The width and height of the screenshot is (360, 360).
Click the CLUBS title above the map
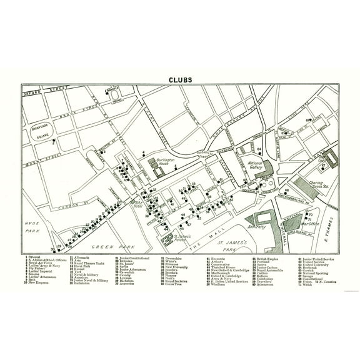coord(179,80)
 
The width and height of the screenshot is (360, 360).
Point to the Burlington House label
coord(163,161)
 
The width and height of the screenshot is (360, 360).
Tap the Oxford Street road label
coord(45,93)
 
